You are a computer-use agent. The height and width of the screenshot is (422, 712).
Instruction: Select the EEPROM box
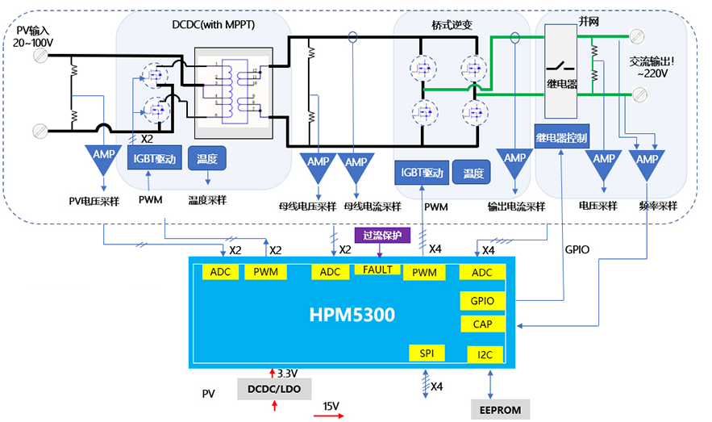tap(500, 410)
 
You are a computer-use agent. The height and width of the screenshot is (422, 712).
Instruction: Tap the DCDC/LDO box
tap(275, 389)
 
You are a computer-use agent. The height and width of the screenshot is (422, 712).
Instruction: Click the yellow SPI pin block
tap(427, 353)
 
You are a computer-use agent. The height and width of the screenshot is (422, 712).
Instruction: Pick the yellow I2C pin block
tap(484, 354)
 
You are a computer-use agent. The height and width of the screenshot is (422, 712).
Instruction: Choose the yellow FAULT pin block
tap(377, 269)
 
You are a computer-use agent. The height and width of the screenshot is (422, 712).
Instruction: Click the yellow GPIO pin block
tap(483, 301)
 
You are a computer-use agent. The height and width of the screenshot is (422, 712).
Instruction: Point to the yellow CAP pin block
tap(483, 324)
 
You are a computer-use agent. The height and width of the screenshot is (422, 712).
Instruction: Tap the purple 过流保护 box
tap(383, 236)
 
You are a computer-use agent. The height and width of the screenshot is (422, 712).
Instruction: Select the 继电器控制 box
tap(562, 137)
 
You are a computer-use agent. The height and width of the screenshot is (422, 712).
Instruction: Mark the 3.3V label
tap(288, 374)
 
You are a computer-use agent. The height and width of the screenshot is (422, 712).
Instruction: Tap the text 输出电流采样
tap(515, 207)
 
